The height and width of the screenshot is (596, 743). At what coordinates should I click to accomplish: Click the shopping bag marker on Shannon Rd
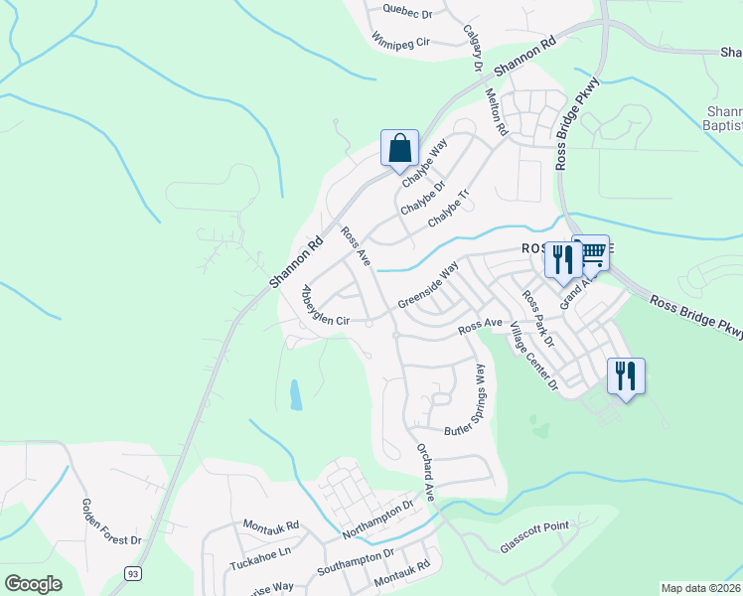(x=399, y=149)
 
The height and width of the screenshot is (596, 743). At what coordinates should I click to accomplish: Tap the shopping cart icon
(x=592, y=254)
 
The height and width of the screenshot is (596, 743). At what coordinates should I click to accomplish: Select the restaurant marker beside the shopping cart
(x=563, y=260)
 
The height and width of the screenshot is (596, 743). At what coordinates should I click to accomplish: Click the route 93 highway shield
(x=131, y=573)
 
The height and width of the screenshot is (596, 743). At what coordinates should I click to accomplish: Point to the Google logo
(x=33, y=584)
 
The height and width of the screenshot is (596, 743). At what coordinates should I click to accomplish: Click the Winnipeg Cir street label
(x=399, y=42)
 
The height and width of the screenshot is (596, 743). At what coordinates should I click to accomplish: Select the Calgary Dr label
(x=472, y=48)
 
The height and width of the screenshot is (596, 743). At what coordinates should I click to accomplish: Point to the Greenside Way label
(x=428, y=285)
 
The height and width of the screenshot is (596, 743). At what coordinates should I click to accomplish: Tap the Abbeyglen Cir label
(x=325, y=307)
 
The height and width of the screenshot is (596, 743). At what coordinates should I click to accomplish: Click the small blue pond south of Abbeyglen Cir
(x=296, y=395)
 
